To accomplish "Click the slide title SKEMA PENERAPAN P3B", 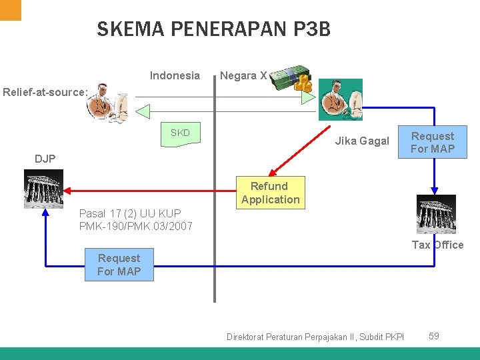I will [213, 29].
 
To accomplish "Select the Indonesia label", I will [175, 75].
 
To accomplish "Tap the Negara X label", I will [243, 75].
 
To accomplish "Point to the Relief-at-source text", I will [45, 92].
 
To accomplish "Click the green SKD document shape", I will [180, 133].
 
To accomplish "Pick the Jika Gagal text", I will [362, 141].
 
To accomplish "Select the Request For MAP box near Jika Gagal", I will [432, 143].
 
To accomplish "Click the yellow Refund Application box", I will [270, 193].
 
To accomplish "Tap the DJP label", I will [45, 159].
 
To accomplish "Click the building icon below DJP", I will [43, 189].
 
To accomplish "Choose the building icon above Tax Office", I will [436, 214].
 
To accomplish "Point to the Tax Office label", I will [437, 245].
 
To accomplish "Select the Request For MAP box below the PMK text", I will [119, 265].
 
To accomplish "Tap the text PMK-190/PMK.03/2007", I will [136, 226].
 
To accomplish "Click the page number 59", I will [433, 336].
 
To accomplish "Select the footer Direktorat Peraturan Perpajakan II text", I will [315, 337].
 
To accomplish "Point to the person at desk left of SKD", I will [110, 103].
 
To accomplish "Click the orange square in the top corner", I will [11, 9].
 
